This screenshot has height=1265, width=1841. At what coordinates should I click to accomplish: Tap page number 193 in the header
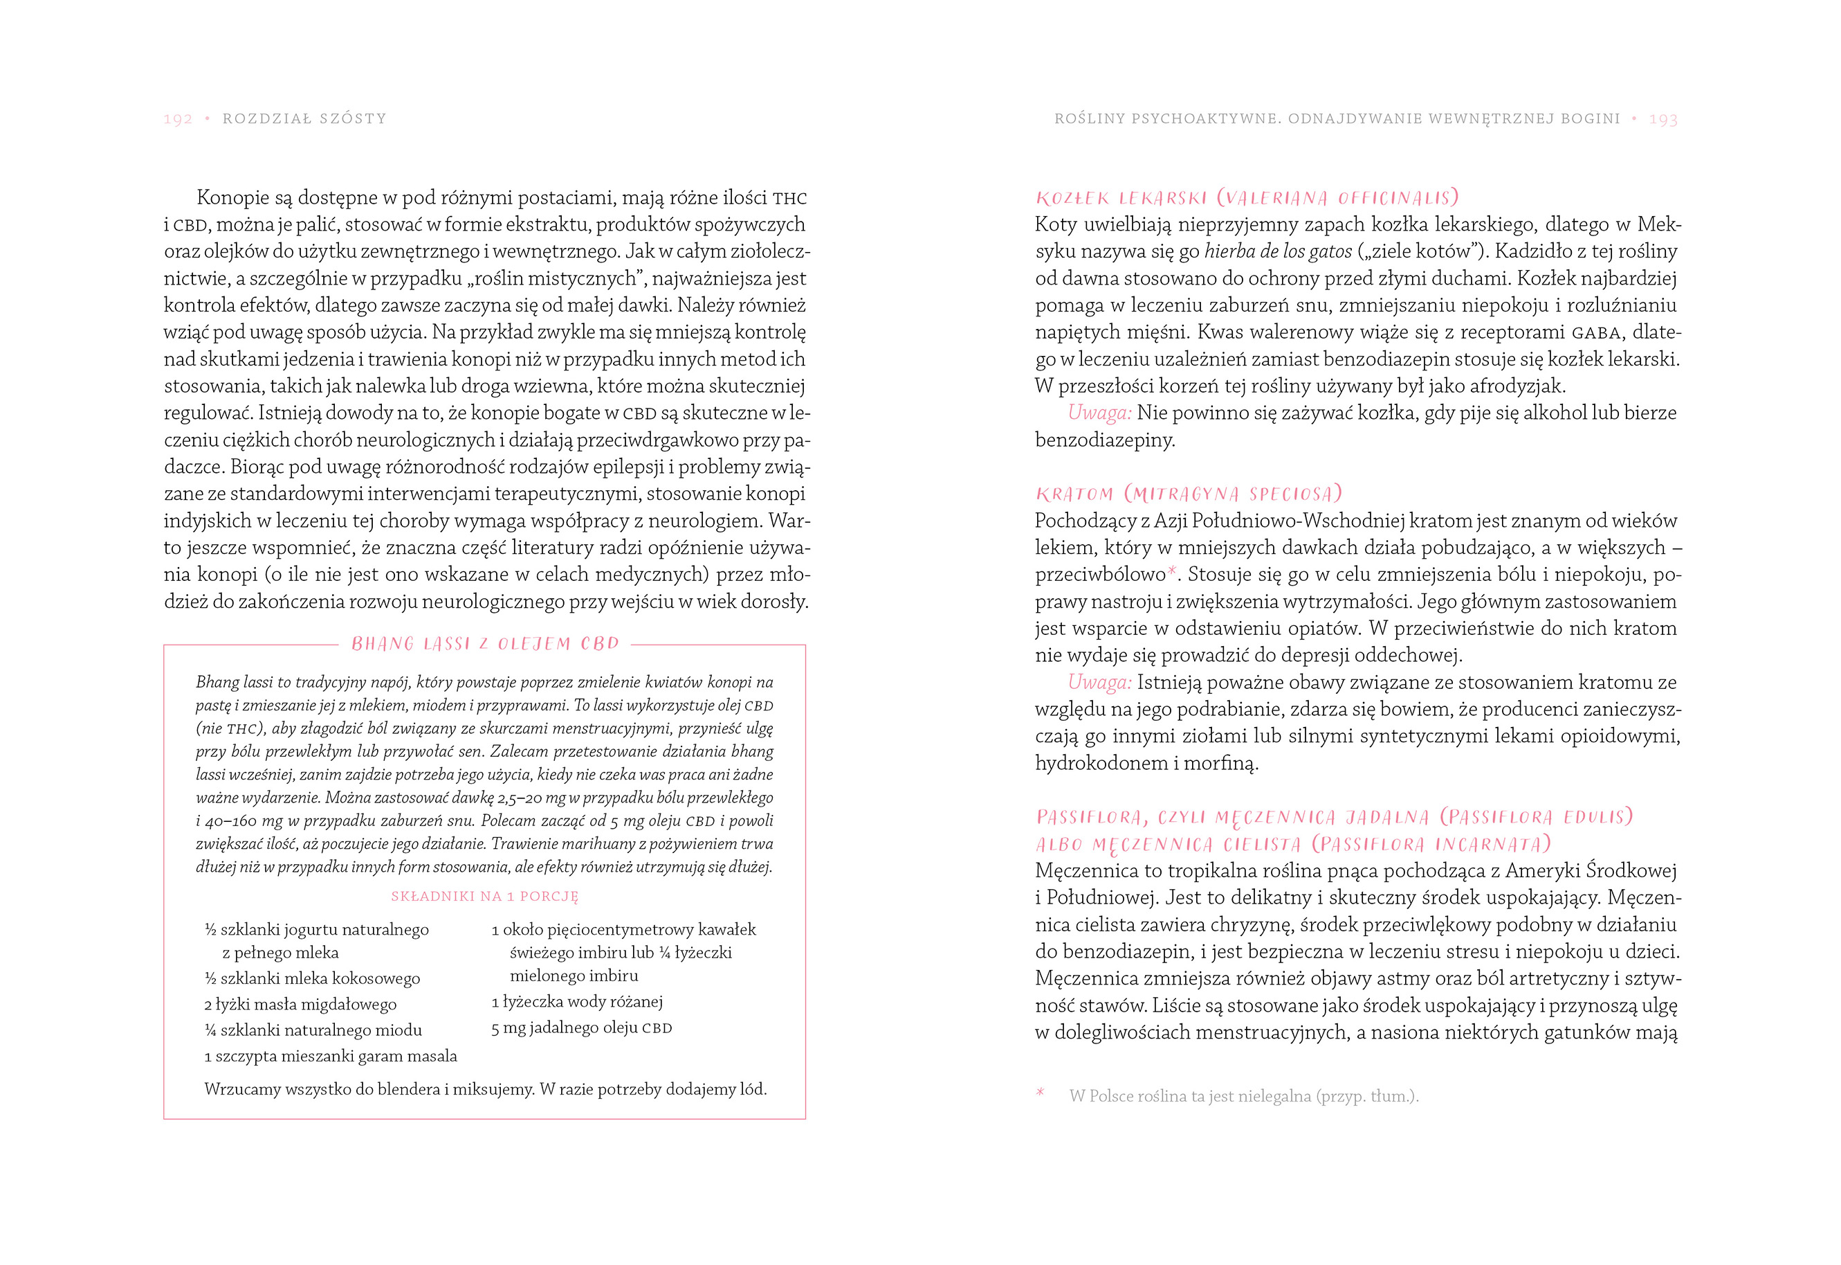click(1663, 119)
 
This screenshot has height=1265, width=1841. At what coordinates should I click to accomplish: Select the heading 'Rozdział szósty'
click(304, 119)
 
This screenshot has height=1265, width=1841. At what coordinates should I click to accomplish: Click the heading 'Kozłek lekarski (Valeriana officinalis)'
click(1246, 197)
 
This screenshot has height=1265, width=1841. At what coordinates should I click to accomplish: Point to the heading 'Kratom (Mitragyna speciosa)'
click(1189, 494)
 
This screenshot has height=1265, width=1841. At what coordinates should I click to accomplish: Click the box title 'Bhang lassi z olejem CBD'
click(485, 644)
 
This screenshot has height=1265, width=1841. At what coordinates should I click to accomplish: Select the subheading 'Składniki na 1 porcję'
click(484, 897)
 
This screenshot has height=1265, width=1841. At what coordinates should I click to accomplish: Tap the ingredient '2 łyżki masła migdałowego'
click(300, 1004)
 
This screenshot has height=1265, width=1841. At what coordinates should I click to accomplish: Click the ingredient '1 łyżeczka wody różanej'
click(577, 1002)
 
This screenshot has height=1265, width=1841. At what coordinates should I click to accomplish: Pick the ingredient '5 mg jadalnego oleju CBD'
click(581, 1028)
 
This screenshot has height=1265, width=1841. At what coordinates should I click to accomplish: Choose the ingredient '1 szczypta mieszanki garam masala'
click(330, 1056)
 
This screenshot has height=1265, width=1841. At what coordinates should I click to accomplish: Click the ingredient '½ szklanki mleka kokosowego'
click(312, 978)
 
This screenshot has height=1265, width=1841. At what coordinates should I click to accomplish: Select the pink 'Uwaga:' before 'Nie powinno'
click(1099, 413)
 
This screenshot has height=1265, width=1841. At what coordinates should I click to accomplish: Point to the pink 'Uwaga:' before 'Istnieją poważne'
click(1099, 683)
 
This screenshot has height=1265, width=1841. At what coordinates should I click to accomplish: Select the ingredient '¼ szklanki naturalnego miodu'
click(313, 1030)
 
